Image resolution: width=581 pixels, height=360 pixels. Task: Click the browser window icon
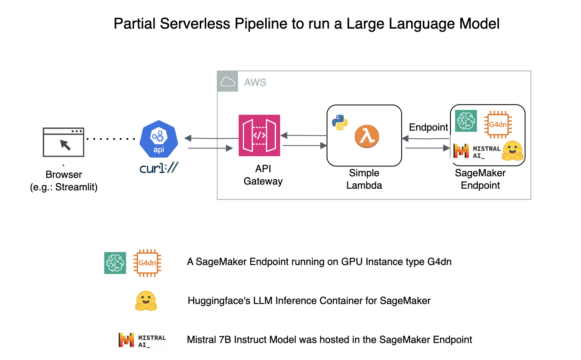63,142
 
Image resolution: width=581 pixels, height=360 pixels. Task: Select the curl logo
159,168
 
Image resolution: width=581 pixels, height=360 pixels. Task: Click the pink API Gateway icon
259,136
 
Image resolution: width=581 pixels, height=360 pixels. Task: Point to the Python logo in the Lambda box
340,122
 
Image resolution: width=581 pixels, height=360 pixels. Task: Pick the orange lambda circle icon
367,136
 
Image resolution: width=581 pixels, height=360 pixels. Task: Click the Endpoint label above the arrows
428,127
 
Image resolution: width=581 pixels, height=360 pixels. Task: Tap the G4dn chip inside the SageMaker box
498,124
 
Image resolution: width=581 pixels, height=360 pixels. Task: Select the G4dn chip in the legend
148,263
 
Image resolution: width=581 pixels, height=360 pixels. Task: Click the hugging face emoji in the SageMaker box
513,151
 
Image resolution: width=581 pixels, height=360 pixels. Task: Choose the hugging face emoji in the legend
146,301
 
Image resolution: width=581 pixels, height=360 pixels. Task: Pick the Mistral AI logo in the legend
142,340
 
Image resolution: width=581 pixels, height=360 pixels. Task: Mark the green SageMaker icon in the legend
115,263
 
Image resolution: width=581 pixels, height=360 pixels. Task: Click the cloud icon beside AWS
228,82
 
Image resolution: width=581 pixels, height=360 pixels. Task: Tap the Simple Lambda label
364,179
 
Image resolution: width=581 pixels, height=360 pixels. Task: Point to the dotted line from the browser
111,139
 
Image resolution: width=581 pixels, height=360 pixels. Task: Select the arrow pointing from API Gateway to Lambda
305,146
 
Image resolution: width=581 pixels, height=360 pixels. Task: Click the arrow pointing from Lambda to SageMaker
427,148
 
